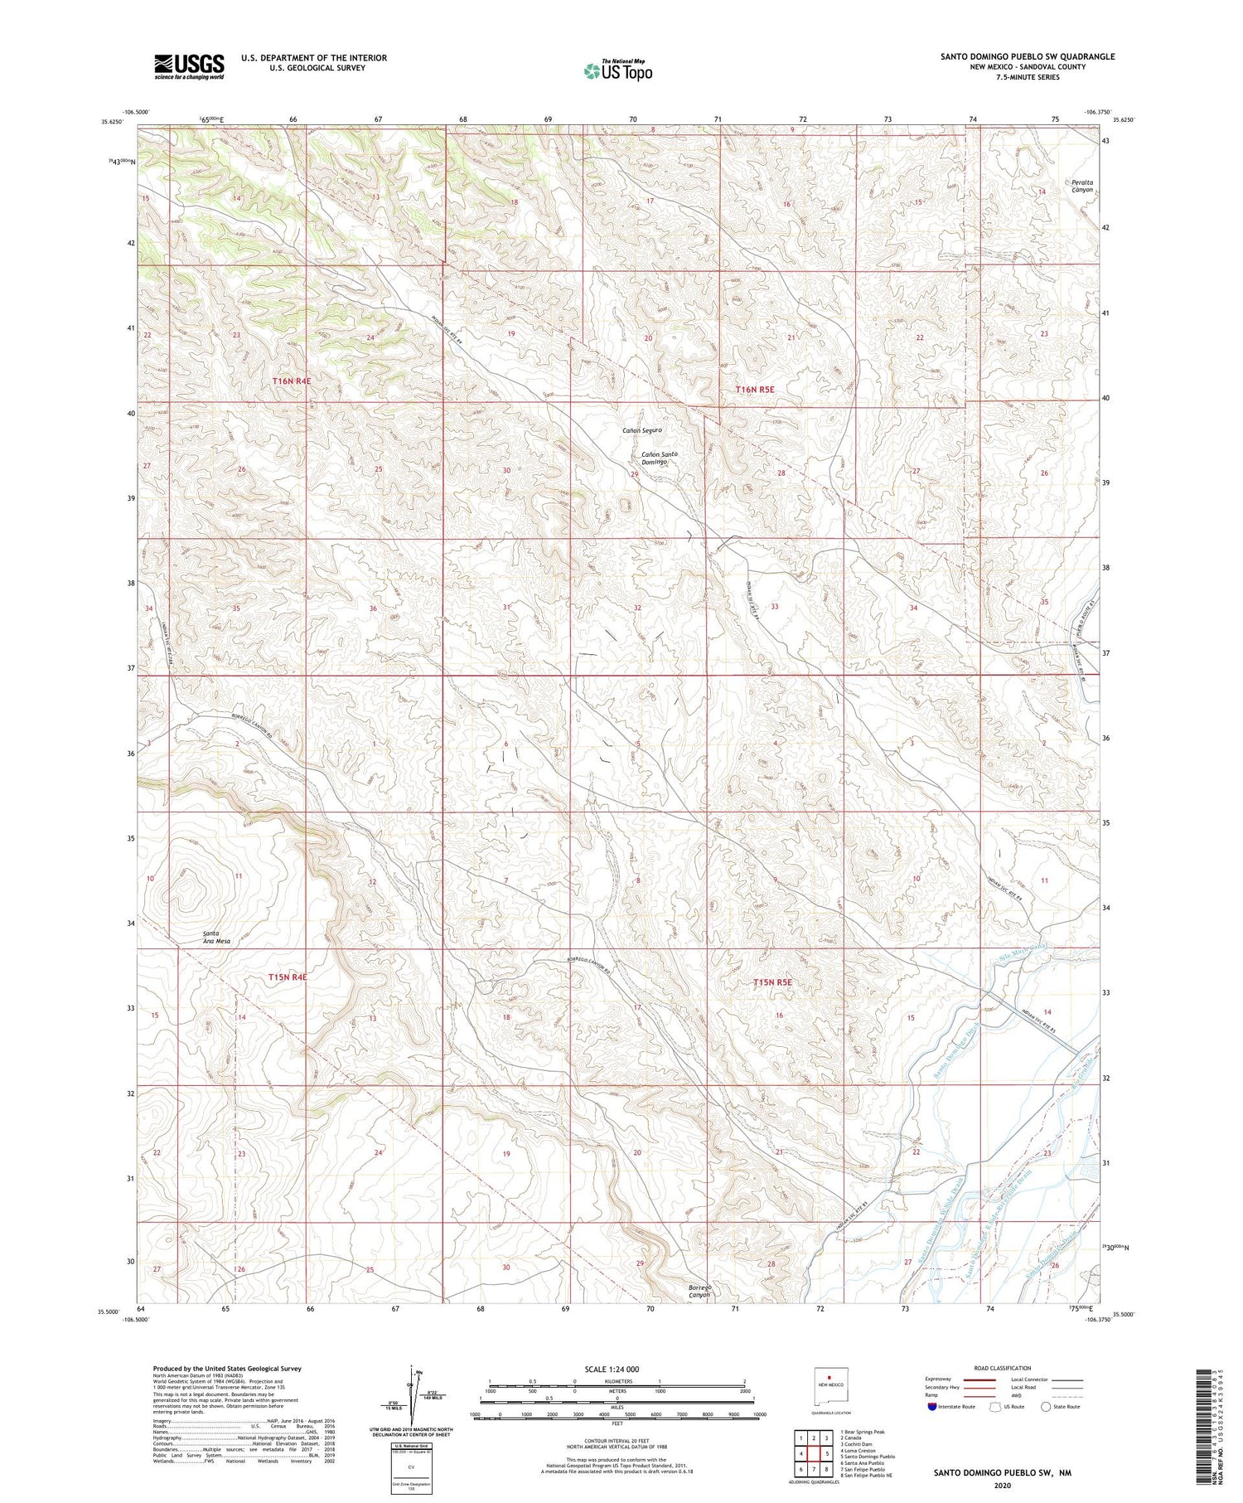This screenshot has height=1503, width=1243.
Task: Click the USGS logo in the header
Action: click(189, 66)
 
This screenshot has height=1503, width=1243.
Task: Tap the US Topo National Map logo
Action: click(617, 70)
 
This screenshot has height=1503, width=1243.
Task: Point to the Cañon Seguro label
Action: click(642, 430)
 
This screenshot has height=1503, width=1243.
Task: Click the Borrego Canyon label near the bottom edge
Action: click(700, 1291)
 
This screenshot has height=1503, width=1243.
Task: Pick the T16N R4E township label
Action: click(291, 381)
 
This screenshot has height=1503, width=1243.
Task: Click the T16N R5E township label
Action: click(755, 389)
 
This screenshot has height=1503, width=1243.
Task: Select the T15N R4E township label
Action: click(288, 977)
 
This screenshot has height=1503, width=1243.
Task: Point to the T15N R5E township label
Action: click(772, 982)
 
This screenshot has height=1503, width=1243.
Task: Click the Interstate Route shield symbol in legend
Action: click(932, 1407)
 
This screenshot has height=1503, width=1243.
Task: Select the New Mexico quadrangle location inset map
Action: click(830, 1385)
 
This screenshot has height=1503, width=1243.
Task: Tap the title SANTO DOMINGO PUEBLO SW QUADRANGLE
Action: click(1027, 56)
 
